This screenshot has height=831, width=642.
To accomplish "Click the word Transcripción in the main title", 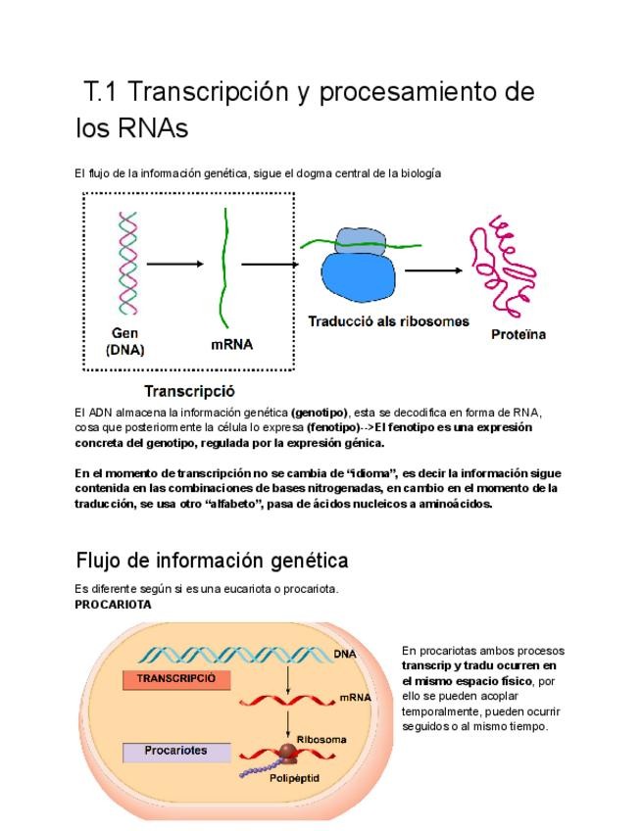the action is (210, 93).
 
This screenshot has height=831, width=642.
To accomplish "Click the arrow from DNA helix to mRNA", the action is (174, 264).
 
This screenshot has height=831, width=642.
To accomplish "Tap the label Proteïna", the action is (518, 335).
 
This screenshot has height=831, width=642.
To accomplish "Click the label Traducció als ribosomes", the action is (388, 321).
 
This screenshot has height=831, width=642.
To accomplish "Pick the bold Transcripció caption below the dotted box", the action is (189, 391).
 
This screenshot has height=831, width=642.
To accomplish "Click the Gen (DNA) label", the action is (124, 340).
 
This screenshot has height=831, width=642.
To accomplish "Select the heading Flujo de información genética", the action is (212, 561).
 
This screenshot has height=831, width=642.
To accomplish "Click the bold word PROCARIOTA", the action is (113, 605).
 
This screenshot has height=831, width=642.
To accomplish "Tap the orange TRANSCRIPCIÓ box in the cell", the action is (176, 678).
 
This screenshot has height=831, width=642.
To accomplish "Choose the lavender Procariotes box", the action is (176, 751).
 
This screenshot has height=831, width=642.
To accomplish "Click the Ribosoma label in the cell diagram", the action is (321, 738).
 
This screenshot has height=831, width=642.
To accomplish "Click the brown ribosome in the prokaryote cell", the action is (289, 754).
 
